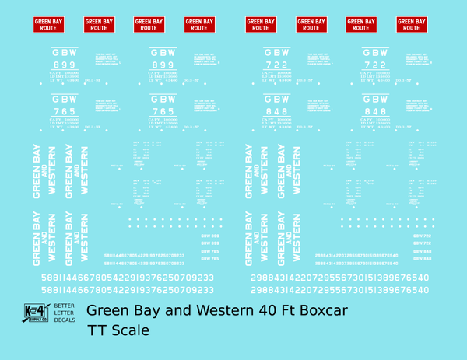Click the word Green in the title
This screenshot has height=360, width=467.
pos(108,311)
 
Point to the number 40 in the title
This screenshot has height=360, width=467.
pos(269,311)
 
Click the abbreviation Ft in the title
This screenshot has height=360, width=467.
pos(293,311)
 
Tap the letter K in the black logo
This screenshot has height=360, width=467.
pos(31,309)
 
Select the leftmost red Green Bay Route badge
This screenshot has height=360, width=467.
pos(49,24)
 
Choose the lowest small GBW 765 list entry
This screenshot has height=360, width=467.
pos(209,258)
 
